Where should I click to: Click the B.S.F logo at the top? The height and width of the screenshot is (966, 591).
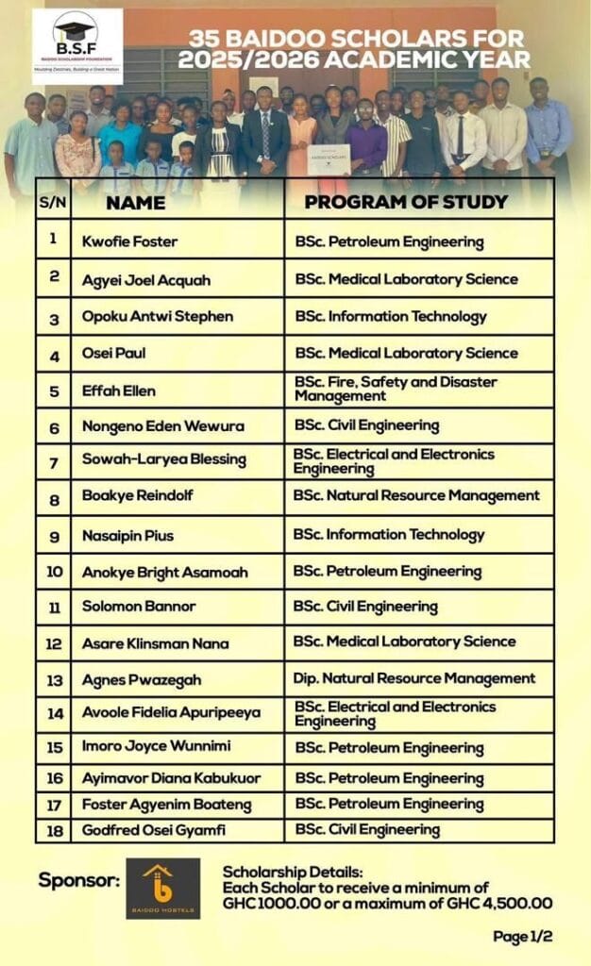(76, 45)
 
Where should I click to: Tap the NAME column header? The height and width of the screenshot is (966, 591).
(135, 203)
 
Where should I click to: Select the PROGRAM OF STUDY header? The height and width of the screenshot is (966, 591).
(406, 202)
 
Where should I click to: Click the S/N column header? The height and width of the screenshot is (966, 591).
(53, 203)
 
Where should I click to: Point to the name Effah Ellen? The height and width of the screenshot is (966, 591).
(119, 390)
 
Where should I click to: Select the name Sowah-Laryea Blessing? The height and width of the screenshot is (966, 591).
(163, 459)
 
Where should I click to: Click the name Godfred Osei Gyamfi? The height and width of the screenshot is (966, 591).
(155, 829)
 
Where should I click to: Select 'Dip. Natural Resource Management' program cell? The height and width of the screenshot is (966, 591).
(414, 678)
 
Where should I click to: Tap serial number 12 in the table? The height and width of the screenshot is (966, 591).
(54, 644)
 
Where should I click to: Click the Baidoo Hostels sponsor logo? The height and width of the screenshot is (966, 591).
(163, 888)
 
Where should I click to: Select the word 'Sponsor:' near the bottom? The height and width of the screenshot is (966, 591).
(79, 880)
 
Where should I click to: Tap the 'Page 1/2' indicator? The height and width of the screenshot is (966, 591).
(522, 936)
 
